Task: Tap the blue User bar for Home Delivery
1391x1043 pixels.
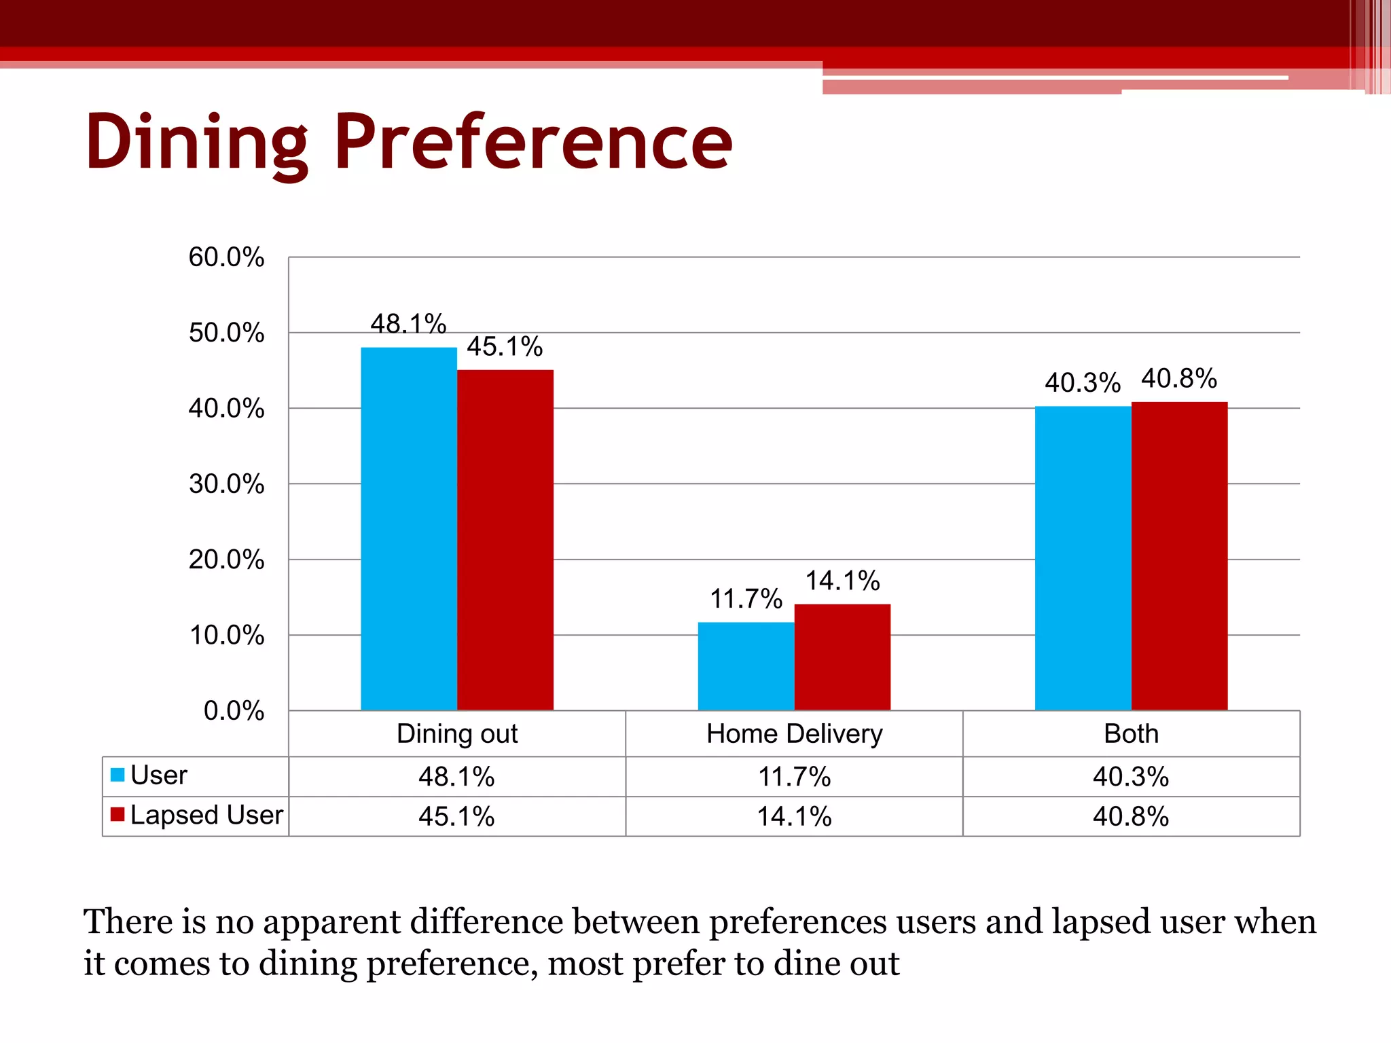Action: pyautogui.click(x=746, y=665)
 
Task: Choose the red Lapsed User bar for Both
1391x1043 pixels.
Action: pyautogui.click(x=1179, y=556)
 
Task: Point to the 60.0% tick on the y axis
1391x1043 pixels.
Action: pyautogui.click(x=226, y=257)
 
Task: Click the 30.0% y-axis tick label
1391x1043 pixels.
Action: pyautogui.click(x=226, y=484)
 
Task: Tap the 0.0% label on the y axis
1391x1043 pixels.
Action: pyautogui.click(x=234, y=711)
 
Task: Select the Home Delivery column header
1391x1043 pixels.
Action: pyautogui.click(x=794, y=734)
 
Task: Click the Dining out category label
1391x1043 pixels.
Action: pyautogui.click(x=457, y=734)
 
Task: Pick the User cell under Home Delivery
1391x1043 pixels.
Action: pyautogui.click(x=794, y=777)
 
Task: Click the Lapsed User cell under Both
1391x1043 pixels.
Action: pyautogui.click(x=1131, y=816)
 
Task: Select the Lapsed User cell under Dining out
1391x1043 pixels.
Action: pyautogui.click(x=456, y=816)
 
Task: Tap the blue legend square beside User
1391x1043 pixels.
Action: pyautogui.click(x=118, y=775)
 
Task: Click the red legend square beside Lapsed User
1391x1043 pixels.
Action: pyautogui.click(x=118, y=814)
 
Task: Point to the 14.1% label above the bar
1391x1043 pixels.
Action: pyautogui.click(x=842, y=581)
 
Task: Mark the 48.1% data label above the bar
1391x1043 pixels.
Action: pyautogui.click(x=408, y=324)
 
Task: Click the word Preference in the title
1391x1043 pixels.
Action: pyautogui.click(x=533, y=143)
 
